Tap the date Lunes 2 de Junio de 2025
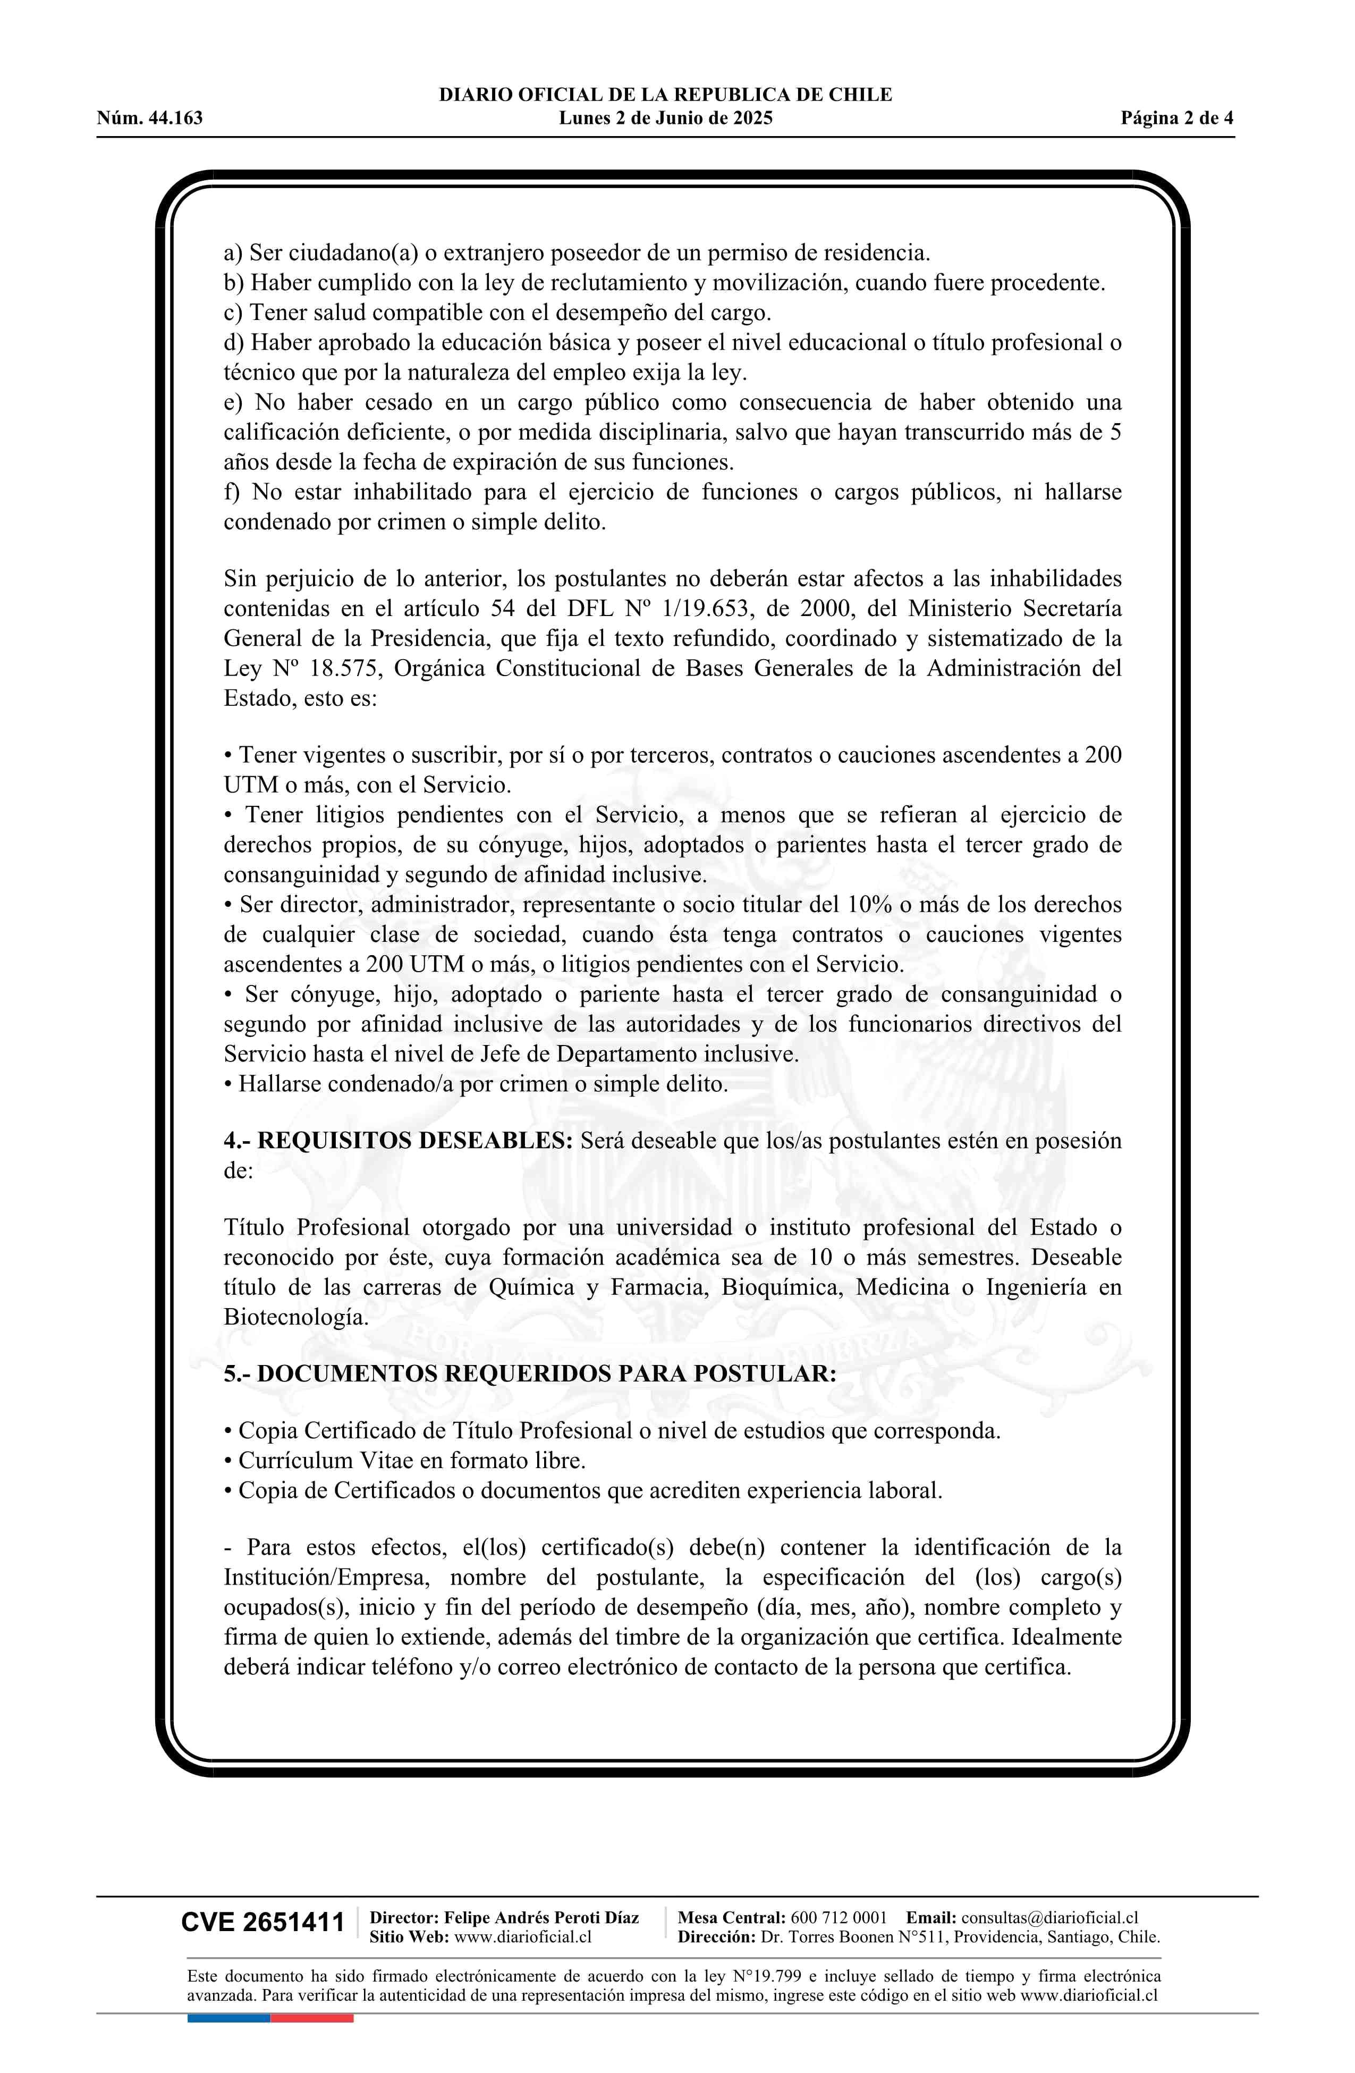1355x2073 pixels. (665, 119)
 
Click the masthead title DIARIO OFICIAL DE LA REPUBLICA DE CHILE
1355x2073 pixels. (665, 95)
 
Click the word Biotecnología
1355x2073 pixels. (295, 1317)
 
